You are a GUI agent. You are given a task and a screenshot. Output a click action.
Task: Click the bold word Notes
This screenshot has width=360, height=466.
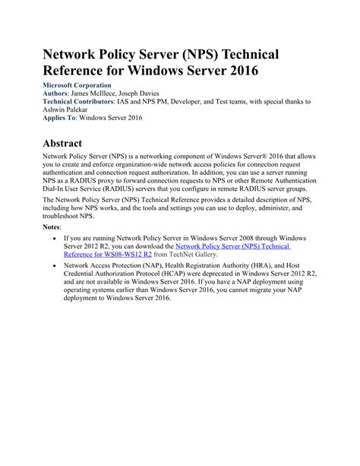54,227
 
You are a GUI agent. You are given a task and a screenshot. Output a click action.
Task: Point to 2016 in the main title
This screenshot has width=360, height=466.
238,72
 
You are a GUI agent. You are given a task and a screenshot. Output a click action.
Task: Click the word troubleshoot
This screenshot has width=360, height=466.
66,216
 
